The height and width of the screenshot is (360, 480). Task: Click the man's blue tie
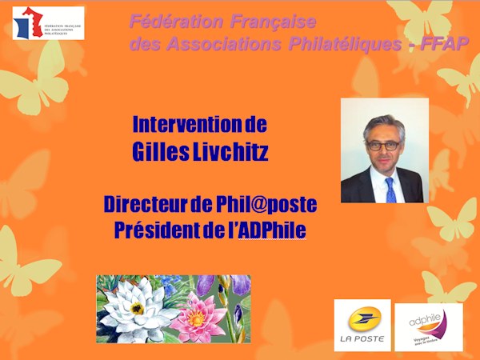coord(390,189)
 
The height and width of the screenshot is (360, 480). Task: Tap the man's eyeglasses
coord(385,145)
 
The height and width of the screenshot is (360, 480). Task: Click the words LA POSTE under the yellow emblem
coord(362,339)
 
